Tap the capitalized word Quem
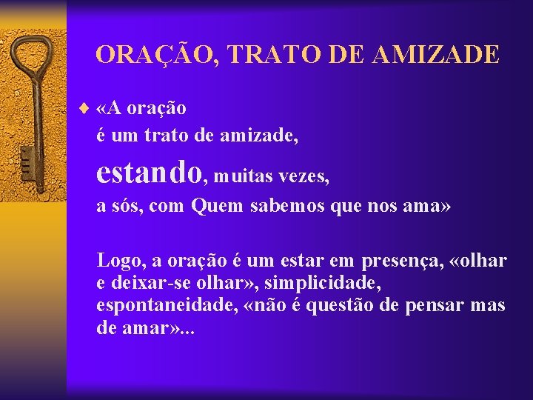click(x=217, y=206)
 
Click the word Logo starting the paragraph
click(x=121, y=261)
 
